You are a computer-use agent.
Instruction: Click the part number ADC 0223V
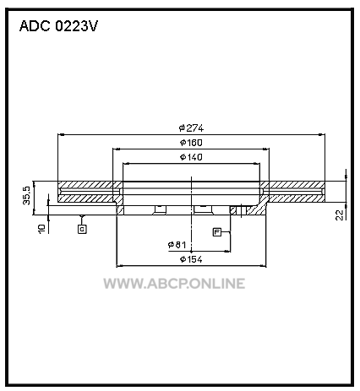(x=58, y=26)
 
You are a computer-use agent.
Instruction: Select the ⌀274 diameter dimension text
(x=191, y=128)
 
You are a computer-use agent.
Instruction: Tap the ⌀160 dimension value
(x=191, y=143)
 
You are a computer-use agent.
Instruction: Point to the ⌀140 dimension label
(x=191, y=157)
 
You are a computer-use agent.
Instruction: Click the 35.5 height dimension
(x=27, y=196)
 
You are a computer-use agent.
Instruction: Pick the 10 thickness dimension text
(x=41, y=229)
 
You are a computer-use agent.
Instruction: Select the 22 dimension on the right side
(x=341, y=215)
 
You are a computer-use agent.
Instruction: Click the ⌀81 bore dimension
(x=177, y=245)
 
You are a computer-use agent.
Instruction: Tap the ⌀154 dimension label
(x=191, y=259)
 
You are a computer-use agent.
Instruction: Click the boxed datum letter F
(x=217, y=232)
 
